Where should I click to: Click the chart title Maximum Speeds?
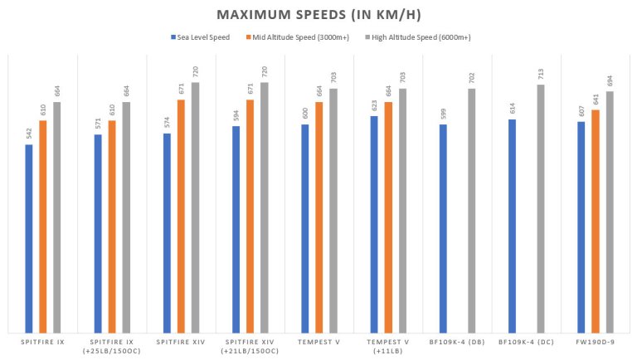[318, 15]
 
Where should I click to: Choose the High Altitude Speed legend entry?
[416, 36]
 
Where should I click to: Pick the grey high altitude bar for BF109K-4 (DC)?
[540, 207]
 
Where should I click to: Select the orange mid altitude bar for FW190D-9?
[595, 232]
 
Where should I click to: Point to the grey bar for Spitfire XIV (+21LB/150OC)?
[265, 207]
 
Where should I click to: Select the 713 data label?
[540, 75]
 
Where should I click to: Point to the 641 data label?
[595, 123]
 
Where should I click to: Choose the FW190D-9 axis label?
[595, 341]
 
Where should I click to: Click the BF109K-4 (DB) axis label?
[456, 341]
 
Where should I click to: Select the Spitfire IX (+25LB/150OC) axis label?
[112, 346]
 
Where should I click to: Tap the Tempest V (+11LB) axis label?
[387, 346]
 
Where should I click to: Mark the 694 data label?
[609, 81]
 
